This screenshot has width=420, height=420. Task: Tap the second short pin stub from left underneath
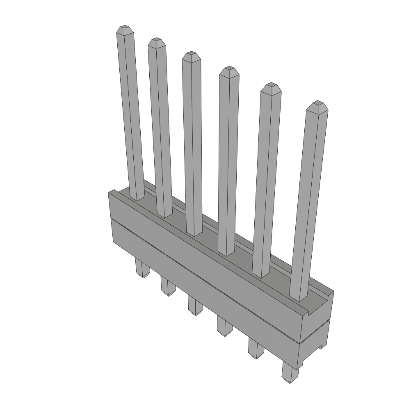point(167,287)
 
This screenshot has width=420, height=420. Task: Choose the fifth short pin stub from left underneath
point(256,350)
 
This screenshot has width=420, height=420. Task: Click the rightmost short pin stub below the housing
point(290,374)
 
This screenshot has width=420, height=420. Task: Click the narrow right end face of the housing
point(317,324)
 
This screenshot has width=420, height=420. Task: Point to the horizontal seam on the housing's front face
point(205,278)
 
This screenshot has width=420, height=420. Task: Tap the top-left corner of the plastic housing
point(109,192)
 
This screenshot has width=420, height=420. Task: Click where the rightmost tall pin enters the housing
point(299,298)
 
